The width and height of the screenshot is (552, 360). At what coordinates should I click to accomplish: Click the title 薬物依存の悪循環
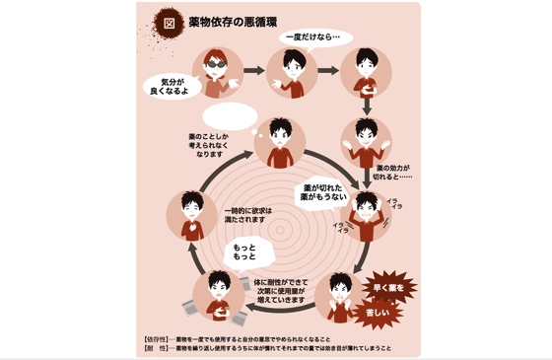point(235,22)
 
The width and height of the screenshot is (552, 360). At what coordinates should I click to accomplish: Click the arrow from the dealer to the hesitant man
point(254,71)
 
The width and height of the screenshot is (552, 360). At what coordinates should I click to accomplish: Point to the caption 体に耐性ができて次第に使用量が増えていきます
point(287,289)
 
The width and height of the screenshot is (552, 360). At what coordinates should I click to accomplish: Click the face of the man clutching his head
point(366,205)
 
